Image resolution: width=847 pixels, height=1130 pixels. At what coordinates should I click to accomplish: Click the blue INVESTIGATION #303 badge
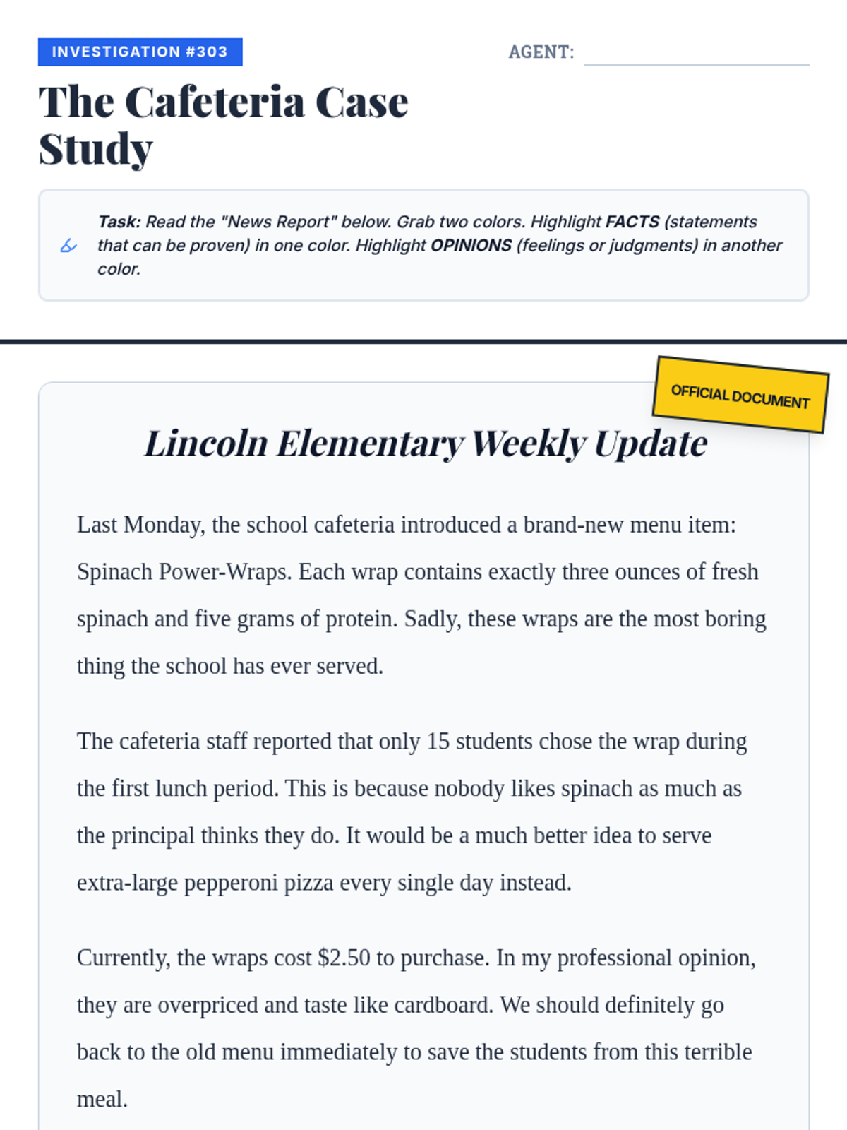pos(140,52)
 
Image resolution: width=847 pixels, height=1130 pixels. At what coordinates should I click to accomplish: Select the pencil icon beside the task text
pos(68,246)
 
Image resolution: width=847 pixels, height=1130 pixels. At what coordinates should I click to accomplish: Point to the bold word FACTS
pos(632,222)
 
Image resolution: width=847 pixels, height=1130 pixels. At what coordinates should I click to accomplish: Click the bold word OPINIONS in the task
pos(471,245)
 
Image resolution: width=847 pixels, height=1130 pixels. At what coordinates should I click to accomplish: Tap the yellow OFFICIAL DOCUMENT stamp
pos(740,395)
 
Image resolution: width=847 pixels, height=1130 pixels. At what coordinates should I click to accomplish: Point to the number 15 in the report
pos(438,742)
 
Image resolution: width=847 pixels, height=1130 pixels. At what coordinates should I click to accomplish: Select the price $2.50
pos(344,958)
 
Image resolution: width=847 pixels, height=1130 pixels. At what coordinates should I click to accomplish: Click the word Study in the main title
pos(95,150)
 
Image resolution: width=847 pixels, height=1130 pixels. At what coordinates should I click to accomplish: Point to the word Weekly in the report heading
pos(529,444)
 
